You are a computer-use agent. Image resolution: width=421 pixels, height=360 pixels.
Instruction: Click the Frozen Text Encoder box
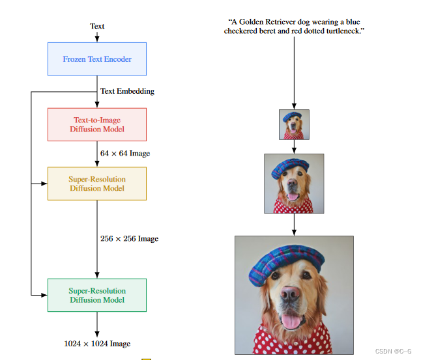point(97,59)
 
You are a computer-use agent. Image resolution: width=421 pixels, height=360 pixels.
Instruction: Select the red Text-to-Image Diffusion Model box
point(97,124)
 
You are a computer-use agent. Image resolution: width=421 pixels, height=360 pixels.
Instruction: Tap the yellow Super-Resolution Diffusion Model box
point(97,184)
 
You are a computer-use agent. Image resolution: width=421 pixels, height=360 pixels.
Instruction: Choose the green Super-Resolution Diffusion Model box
point(97,296)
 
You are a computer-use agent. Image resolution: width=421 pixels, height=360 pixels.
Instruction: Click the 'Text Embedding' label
point(127,91)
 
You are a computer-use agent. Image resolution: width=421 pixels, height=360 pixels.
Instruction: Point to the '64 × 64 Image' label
point(125,154)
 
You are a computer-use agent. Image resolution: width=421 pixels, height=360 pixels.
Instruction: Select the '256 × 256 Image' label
point(129,239)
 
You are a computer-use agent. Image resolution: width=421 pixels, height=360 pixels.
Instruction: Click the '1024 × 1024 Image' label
point(97,343)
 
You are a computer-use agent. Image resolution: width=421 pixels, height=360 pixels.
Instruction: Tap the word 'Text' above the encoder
point(97,26)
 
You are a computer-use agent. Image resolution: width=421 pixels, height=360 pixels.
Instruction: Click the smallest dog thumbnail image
point(295,124)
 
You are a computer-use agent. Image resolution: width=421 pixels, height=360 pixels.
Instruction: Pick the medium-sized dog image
point(294,183)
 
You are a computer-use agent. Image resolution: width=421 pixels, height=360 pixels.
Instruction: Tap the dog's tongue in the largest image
point(293,322)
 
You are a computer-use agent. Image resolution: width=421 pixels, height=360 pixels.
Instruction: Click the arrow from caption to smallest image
point(294,72)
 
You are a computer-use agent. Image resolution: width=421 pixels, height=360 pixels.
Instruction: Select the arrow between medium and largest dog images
point(294,225)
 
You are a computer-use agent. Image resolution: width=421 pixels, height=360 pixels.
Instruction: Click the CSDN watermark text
point(392,351)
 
